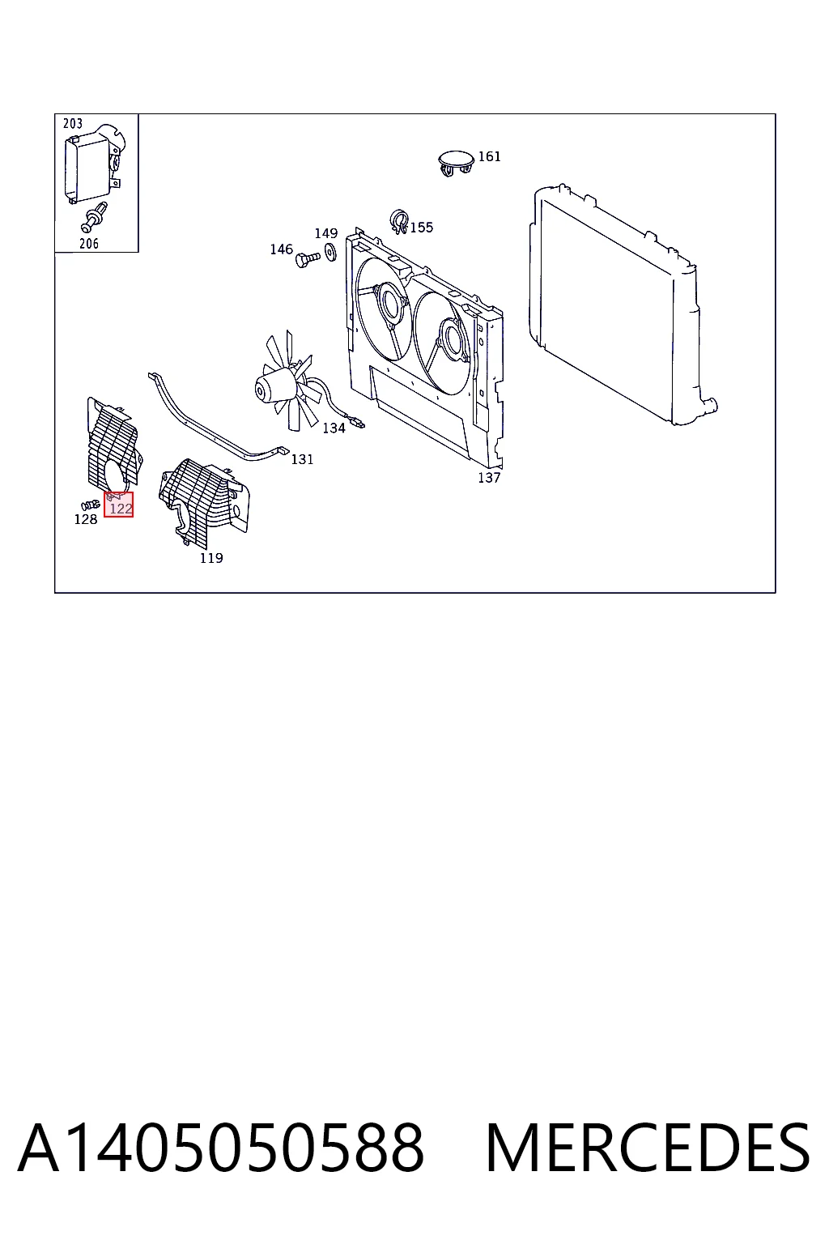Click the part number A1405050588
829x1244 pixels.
coord(221,1148)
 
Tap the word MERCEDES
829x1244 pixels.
coord(648,1148)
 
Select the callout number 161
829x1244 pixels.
coord(489,156)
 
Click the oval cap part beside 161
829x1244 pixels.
coord(456,162)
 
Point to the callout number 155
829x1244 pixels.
coord(422,227)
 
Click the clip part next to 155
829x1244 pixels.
coord(399,222)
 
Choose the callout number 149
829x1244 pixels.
coord(326,233)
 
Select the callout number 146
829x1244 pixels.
coord(281,249)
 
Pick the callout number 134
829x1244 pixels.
coord(334,428)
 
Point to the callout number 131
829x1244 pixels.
coord(302,459)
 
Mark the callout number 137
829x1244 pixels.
coord(489,478)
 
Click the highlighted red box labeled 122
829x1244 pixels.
coord(118,505)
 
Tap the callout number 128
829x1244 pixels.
coord(86,519)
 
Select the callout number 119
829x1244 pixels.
coord(211,558)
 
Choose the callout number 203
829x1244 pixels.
coord(73,123)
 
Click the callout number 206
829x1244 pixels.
coord(89,243)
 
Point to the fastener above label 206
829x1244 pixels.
coord(94,218)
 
